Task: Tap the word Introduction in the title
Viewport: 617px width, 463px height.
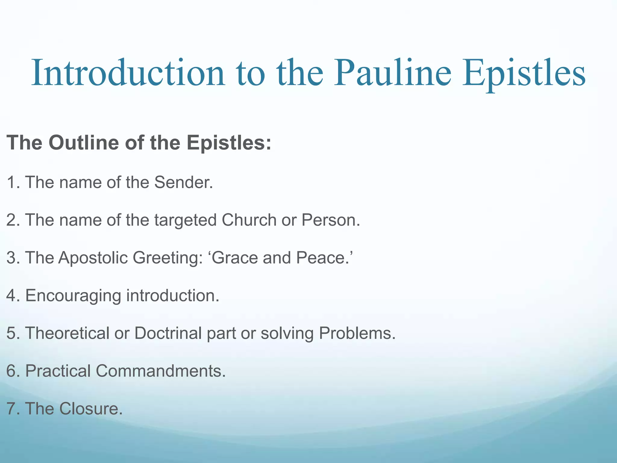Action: coord(128,73)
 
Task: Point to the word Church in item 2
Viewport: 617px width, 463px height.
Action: coord(249,220)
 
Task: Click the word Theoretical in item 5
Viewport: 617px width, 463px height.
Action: coord(67,333)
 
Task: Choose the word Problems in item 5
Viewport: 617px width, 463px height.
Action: coord(357,333)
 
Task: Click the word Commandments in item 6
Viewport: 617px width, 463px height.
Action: coord(160,371)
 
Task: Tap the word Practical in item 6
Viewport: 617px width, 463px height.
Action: coord(58,371)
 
